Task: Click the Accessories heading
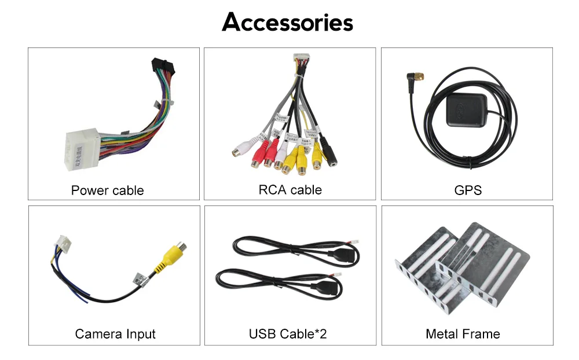288,23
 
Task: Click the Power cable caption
107,190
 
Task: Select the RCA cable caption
290,190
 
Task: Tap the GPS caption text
468,190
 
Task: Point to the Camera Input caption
115,334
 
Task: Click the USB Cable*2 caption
288,334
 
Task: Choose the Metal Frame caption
463,334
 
